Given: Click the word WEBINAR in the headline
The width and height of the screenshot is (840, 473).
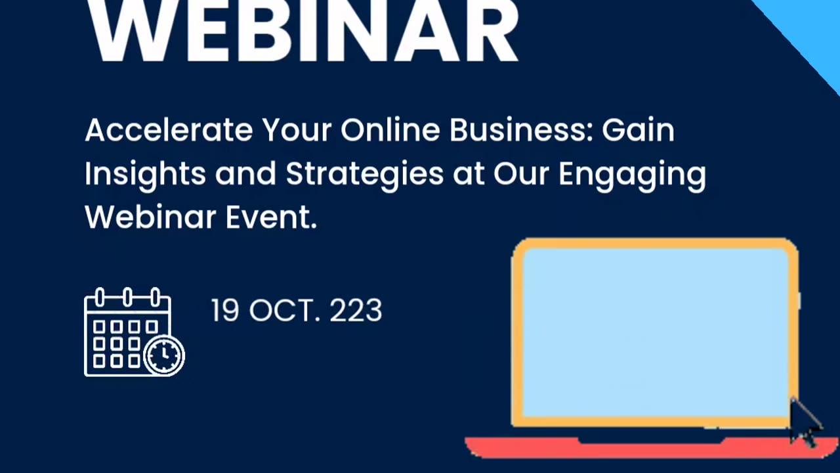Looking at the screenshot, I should (x=303, y=30).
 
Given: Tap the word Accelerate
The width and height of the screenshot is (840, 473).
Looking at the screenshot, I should (x=168, y=130).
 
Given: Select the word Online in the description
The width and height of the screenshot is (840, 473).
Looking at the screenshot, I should (x=390, y=130).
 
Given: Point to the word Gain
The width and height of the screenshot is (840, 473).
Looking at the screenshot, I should (x=638, y=130).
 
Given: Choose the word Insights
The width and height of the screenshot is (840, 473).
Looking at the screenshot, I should (x=145, y=174).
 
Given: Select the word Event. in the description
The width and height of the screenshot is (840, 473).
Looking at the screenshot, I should (x=271, y=217).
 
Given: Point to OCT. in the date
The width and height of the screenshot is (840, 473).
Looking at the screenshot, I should (x=285, y=311).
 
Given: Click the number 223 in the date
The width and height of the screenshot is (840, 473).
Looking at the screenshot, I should (x=356, y=311).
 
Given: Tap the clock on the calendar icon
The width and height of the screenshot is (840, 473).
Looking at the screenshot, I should (x=164, y=356).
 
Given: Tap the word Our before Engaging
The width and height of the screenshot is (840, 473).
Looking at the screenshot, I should (x=521, y=174).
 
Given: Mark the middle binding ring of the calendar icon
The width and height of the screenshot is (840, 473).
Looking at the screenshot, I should (x=127, y=298).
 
